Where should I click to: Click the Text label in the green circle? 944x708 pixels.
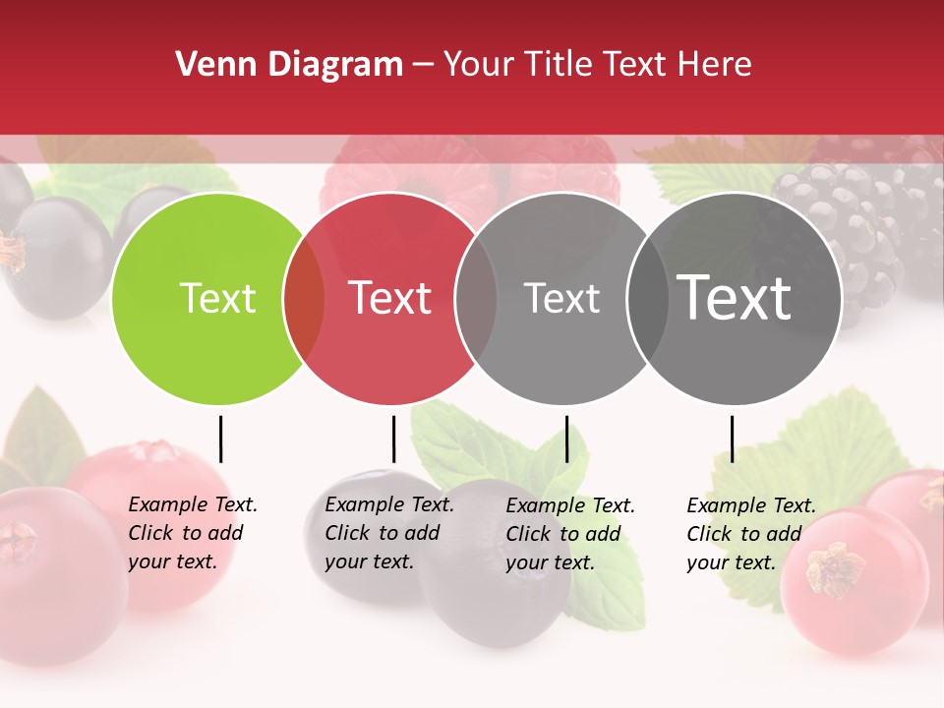[218, 299]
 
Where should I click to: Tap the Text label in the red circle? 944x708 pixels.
[390, 299]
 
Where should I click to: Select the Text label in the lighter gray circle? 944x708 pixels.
[562, 299]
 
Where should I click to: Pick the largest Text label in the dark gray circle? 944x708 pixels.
[735, 299]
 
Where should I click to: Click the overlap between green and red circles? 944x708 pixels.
[304, 299]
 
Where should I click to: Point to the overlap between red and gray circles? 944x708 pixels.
[476, 299]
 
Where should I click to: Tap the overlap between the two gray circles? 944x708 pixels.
[647, 299]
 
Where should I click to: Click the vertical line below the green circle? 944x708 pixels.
[220, 439]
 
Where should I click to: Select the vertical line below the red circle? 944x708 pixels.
[393, 439]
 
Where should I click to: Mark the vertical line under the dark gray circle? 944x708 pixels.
[732, 439]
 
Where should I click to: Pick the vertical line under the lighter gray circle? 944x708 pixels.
[566, 439]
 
